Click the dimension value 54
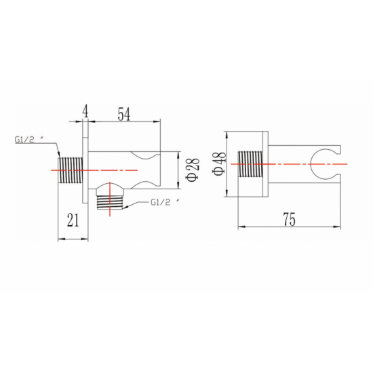click(124, 114)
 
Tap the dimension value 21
click(73, 220)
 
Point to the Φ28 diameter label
click(193, 170)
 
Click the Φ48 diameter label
click(219, 164)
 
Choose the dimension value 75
click(290, 219)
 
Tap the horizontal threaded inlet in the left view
click(71, 170)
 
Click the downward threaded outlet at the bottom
click(110, 203)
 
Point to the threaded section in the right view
click(250, 164)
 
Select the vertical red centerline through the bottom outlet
click(110, 199)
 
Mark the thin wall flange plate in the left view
click(85, 162)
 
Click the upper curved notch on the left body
click(145, 155)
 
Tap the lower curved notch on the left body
click(145, 185)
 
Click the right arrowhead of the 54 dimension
click(157, 122)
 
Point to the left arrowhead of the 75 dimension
click(241, 227)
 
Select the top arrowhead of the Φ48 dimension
click(227, 135)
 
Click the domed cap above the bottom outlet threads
click(110, 186)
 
